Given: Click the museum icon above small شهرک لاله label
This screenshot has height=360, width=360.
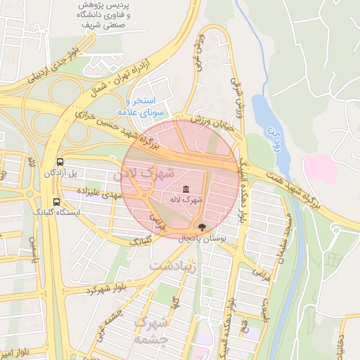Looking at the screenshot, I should click(186, 189).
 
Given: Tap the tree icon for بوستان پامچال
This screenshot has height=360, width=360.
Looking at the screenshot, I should click(202, 227).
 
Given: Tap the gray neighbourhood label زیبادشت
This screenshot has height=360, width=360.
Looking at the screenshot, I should click(174, 264).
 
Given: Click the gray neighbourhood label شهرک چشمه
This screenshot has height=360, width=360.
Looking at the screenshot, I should click(153, 328).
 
